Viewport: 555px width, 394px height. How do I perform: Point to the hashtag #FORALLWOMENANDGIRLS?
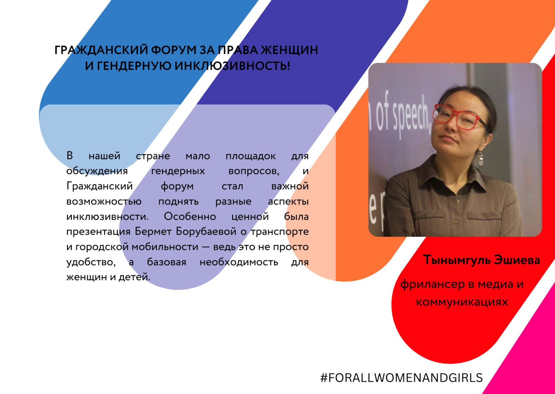point(401,378)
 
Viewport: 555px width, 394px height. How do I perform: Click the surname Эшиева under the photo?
point(517,260)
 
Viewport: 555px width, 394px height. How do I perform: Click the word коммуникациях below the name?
point(462,302)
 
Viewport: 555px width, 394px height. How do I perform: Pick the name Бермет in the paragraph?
point(153,232)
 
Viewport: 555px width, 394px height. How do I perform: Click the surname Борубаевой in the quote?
point(206,232)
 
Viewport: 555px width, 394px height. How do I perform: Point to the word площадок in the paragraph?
point(250,156)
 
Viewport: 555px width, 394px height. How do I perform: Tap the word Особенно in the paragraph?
point(190,217)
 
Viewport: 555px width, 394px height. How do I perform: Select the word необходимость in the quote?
point(239,262)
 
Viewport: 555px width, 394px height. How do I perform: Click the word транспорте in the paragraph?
point(280,232)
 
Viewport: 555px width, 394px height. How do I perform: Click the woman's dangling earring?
point(480,159)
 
